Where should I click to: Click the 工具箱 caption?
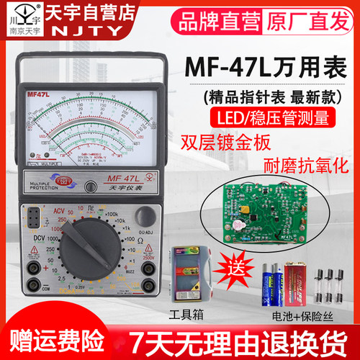tap(186, 316)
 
